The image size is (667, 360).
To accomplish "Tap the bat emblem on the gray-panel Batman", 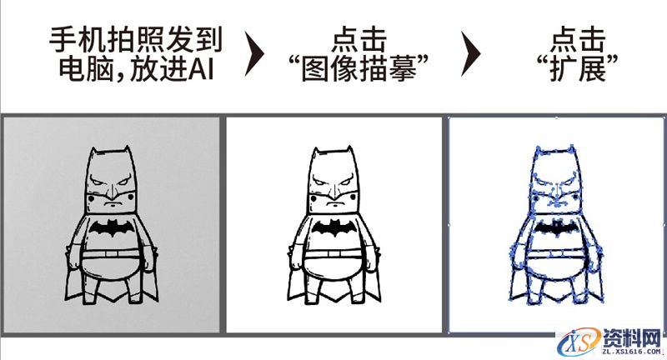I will pyautogui.click(x=113, y=228).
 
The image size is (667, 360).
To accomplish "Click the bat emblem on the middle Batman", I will pyautogui.click(x=334, y=227).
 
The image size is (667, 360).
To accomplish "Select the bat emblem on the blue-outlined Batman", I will pyautogui.click(x=554, y=227).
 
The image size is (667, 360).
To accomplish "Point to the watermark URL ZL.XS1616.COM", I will pyautogui.click(x=629, y=352).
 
